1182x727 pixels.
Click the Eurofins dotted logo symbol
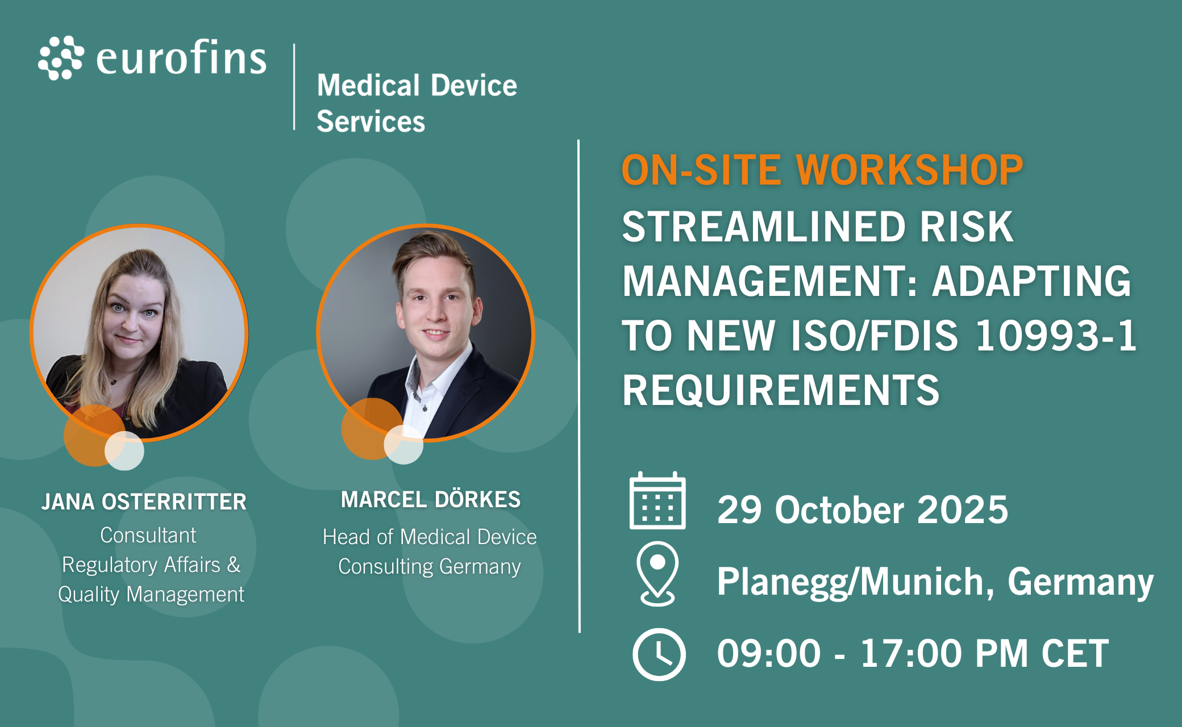point(61,58)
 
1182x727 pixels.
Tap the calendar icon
point(657,500)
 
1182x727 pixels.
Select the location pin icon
point(657,574)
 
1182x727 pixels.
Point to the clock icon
point(659,654)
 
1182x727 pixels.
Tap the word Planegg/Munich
point(856,582)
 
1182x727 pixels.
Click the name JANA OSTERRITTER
point(144,502)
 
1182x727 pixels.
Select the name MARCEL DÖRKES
point(431,499)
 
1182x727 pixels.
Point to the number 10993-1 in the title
point(1056,335)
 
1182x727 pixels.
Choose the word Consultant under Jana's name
point(148,535)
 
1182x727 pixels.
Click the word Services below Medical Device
point(371,122)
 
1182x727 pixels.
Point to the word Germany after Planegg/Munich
point(1081,582)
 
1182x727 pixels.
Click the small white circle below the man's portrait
point(403,444)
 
